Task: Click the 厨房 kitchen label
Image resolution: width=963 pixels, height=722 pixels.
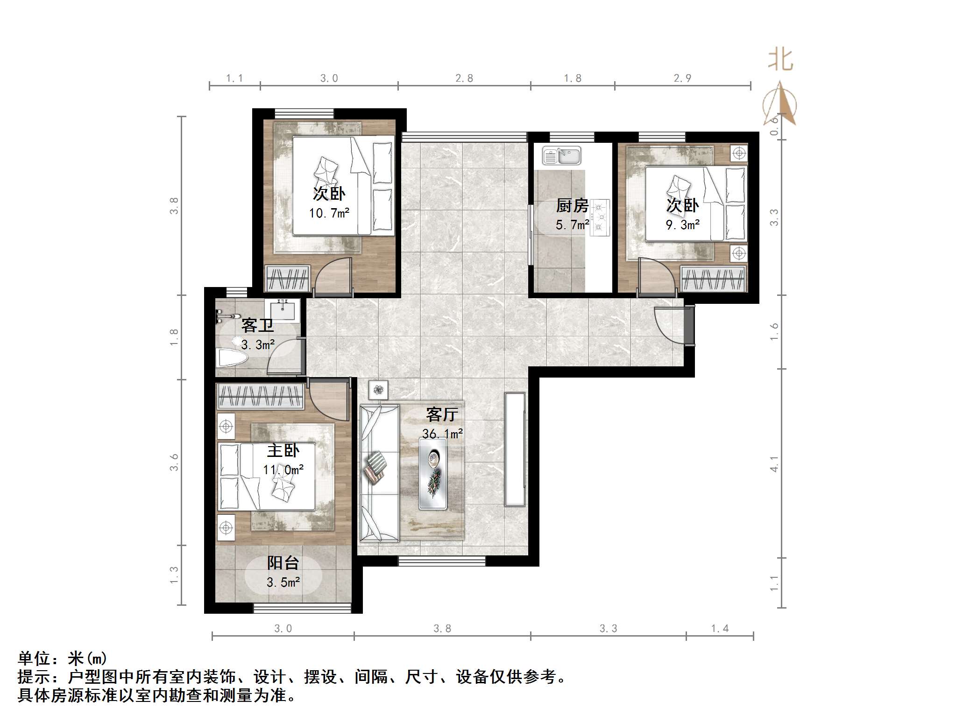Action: click(572, 205)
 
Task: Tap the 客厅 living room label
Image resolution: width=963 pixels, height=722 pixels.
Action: click(442, 414)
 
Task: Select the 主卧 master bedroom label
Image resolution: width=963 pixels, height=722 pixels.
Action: click(283, 450)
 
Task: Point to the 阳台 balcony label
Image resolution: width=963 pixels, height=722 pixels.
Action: click(283, 563)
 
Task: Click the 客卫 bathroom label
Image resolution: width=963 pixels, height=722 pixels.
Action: click(257, 325)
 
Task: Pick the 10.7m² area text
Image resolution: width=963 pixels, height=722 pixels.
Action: click(329, 213)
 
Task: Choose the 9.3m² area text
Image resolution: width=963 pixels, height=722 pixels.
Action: click(682, 225)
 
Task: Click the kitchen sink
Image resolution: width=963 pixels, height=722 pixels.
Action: click(562, 155)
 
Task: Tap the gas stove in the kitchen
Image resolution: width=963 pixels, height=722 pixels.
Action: click(600, 217)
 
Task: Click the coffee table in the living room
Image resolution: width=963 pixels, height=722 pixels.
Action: click(432, 473)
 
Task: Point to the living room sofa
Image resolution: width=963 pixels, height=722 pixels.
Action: click(379, 473)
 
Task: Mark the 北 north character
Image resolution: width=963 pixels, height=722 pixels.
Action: click(780, 60)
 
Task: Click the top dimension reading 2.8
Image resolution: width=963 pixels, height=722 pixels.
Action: click(464, 78)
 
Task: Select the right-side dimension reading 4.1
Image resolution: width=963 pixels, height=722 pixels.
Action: click(774, 463)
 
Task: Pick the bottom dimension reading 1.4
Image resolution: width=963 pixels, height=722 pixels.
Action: click(720, 629)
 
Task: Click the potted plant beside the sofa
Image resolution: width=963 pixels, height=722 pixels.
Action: click(378, 390)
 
